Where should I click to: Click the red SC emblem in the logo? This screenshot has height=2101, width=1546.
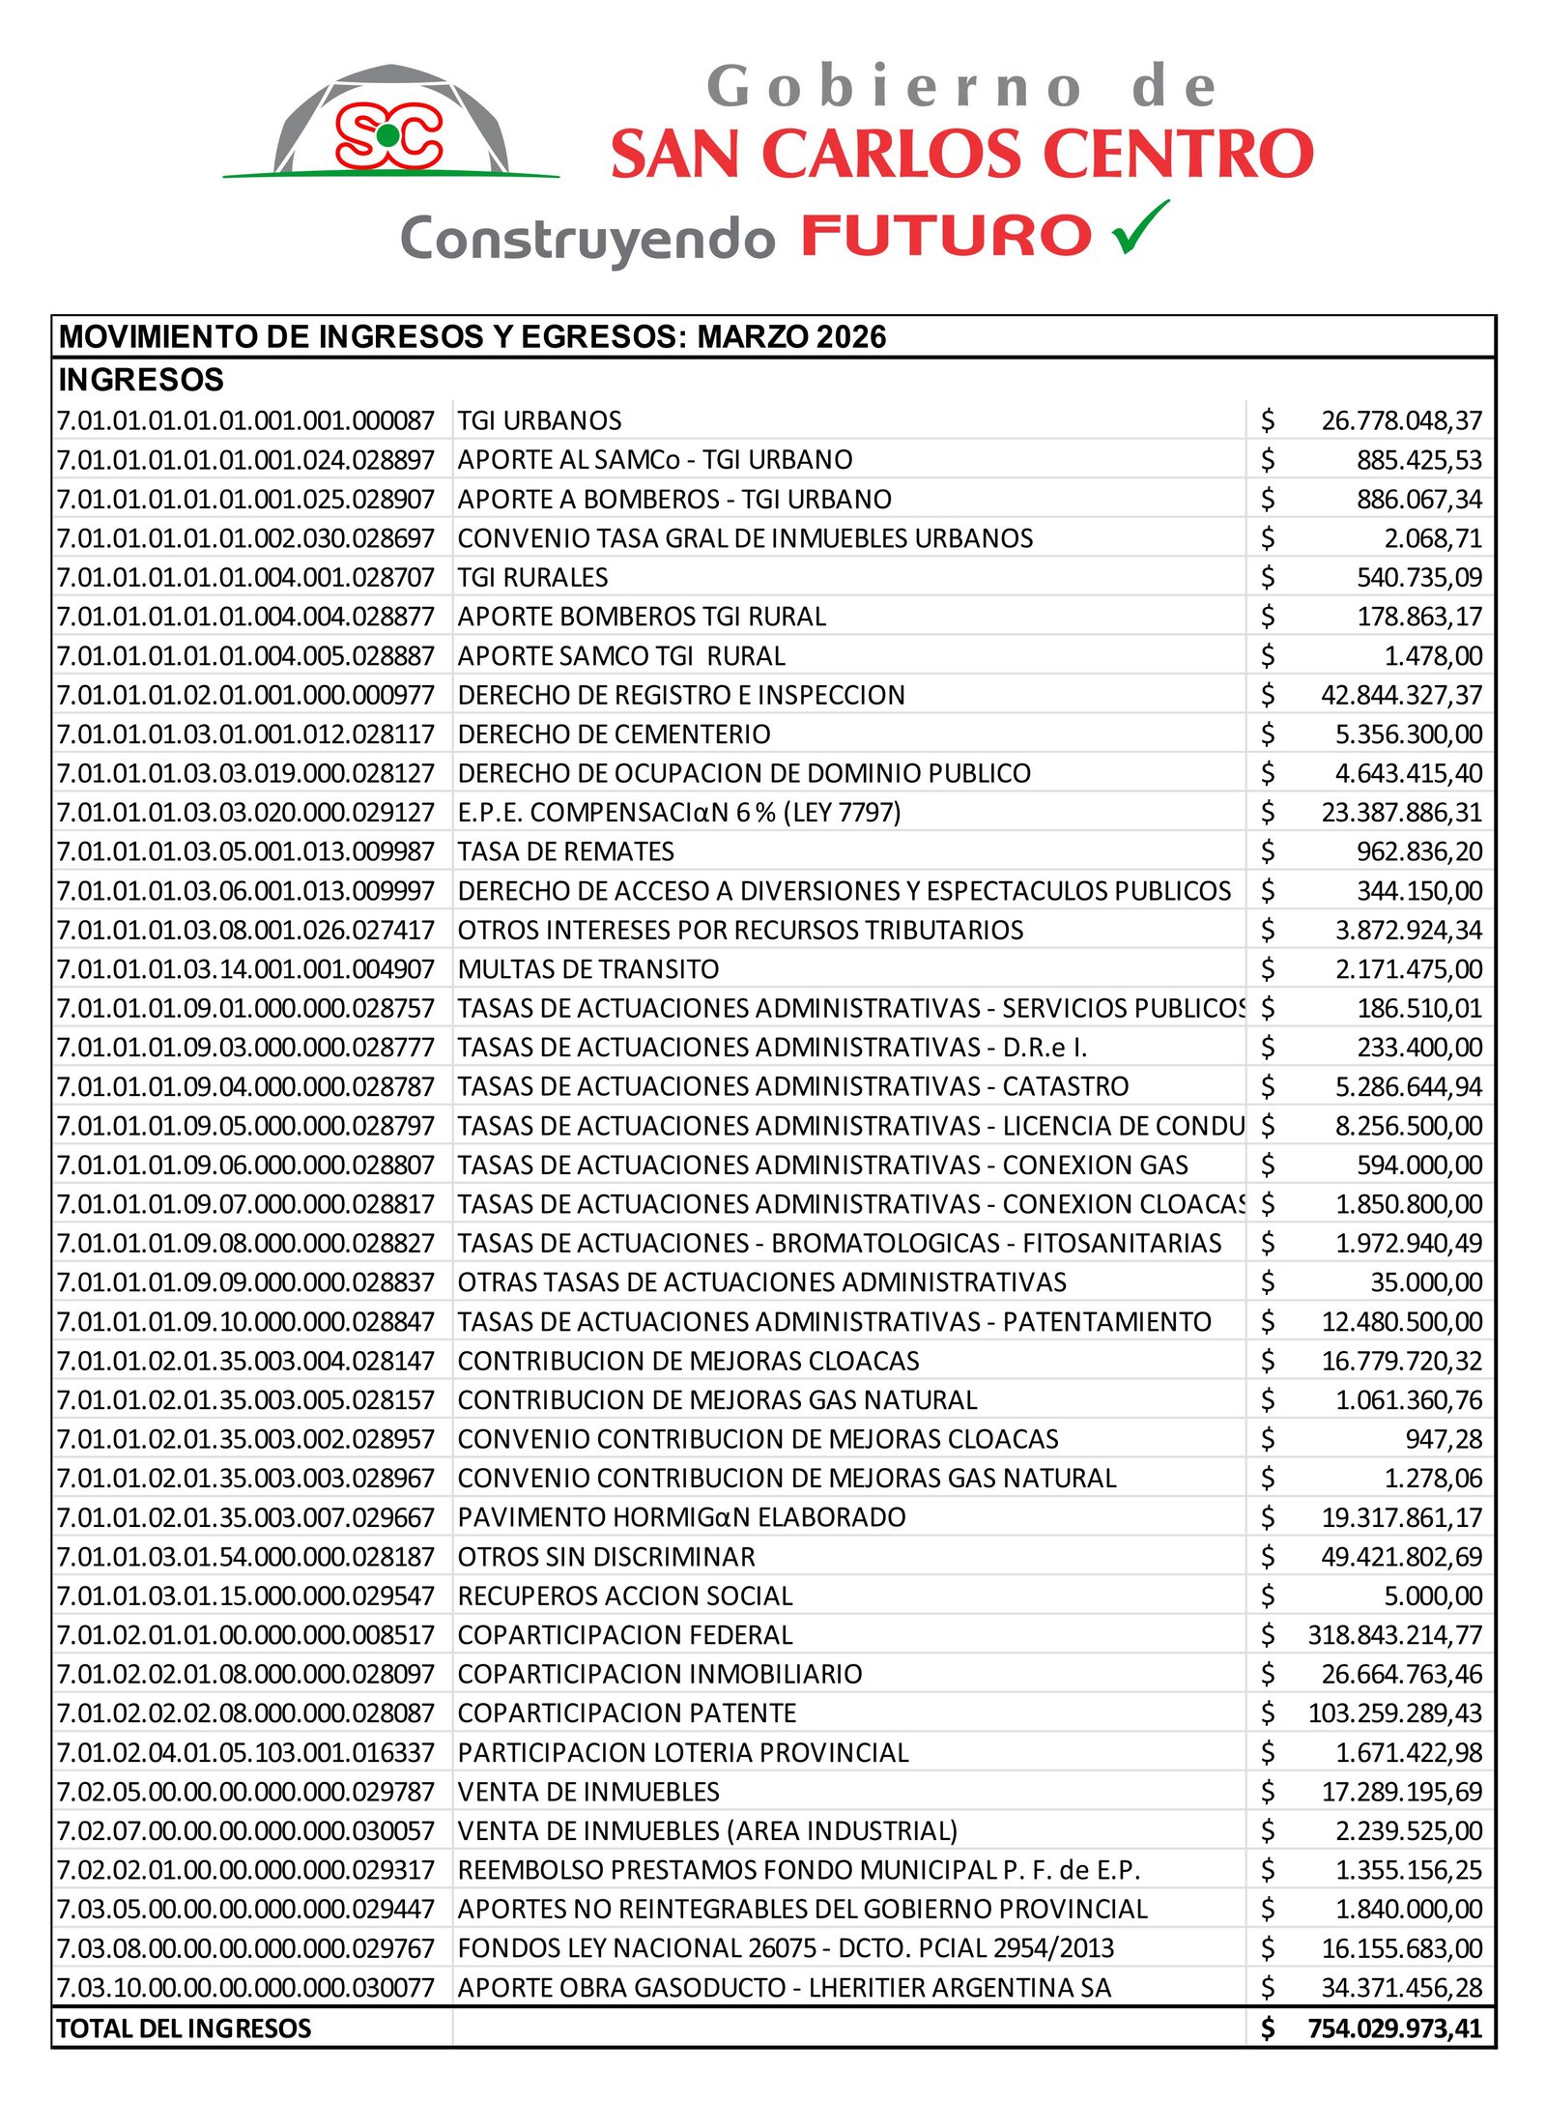click(388, 134)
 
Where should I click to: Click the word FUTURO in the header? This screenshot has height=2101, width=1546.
click(946, 237)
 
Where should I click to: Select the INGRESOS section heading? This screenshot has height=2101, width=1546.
click(141, 380)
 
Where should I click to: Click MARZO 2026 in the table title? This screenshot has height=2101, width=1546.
click(791, 336)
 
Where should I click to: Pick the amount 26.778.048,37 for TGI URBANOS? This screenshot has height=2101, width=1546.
click(1401, 420)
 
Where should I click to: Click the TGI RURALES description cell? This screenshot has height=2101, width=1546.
click(532, 578)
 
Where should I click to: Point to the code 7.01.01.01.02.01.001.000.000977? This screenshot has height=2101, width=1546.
click(245, 695)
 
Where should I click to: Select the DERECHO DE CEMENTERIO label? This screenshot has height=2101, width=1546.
click(614, 734)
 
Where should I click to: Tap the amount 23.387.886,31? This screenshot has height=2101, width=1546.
click(1401, 813)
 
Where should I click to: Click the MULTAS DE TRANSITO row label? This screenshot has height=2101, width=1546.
click(588, 969)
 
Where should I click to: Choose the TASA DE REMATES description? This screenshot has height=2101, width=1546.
click(565, 851)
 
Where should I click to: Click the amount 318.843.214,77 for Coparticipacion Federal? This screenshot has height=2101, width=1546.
click(1394, 1635)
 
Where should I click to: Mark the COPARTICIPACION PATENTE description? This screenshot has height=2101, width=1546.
click(626, 1713)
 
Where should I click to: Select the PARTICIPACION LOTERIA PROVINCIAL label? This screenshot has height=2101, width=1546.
click(683, 1753)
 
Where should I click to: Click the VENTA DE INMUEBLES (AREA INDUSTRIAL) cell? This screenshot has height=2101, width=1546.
click(707, 1831)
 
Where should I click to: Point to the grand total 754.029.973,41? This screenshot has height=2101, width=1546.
click(1394, 2029)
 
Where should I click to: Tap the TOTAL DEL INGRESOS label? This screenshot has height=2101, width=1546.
click(184, 2029)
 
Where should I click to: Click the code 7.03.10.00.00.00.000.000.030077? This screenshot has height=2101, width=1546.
click(245, 1988)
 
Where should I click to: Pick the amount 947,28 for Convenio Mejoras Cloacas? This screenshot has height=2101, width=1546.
click(1443, 1439)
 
